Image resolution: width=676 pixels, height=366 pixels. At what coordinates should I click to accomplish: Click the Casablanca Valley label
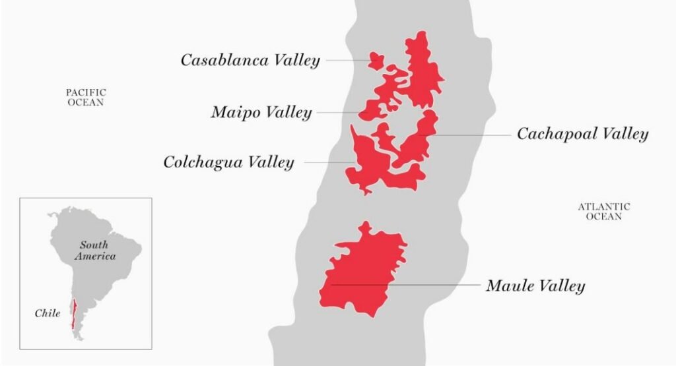250,61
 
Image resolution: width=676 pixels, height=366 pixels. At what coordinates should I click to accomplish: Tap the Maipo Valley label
261,113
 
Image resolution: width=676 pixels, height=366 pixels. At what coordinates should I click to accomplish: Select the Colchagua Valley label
228,162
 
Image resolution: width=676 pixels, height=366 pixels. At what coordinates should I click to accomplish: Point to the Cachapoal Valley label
582,135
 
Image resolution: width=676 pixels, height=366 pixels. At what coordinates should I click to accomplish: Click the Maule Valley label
535,286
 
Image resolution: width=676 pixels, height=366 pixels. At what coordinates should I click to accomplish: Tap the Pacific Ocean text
86,98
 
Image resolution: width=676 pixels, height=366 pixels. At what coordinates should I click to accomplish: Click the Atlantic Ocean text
603,212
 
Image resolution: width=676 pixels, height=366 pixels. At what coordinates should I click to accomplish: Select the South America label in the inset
95,250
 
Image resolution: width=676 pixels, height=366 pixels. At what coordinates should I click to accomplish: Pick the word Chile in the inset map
48,313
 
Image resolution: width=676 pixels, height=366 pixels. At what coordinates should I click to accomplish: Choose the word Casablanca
225,61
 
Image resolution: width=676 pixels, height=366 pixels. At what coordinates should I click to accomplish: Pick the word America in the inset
95,256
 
